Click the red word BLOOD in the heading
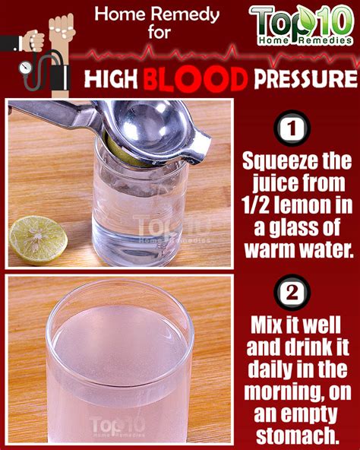[195, 79]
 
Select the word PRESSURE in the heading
[305, 78]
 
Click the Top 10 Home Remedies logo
[302, 25]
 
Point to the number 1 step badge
[292, 129]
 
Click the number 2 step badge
[292, 293]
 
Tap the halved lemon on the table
[38, 240]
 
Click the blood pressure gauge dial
[26, 68]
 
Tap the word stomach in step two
[297, 436]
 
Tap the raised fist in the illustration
[62, 28]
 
